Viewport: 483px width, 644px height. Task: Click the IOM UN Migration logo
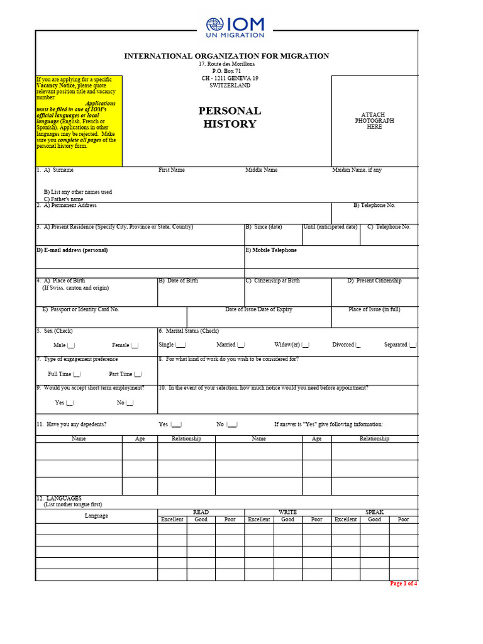(235, 28)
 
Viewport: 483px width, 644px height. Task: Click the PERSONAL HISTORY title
(230, 117)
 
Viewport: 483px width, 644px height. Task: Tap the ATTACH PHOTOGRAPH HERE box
(374, 121)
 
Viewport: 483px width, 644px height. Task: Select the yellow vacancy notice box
(79, 121)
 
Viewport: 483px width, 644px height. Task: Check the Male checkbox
(71, 345)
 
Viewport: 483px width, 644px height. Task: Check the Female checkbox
(135, 345)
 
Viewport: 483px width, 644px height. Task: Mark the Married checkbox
(241, 345)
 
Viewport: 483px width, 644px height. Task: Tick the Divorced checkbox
(358, 345)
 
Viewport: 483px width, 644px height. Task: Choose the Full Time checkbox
(77, 374)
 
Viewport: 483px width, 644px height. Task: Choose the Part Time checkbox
(138, 374)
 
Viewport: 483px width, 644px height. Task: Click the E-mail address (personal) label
(72, 250)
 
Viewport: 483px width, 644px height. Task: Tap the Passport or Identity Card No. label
(80, 309)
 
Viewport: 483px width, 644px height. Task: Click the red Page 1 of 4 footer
(403, 584)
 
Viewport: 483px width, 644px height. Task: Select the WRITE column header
(287, 513)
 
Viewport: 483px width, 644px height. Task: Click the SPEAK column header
(374, 513)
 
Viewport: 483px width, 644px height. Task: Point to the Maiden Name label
(357, 170)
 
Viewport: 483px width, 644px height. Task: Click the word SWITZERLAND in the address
(230, 86)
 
